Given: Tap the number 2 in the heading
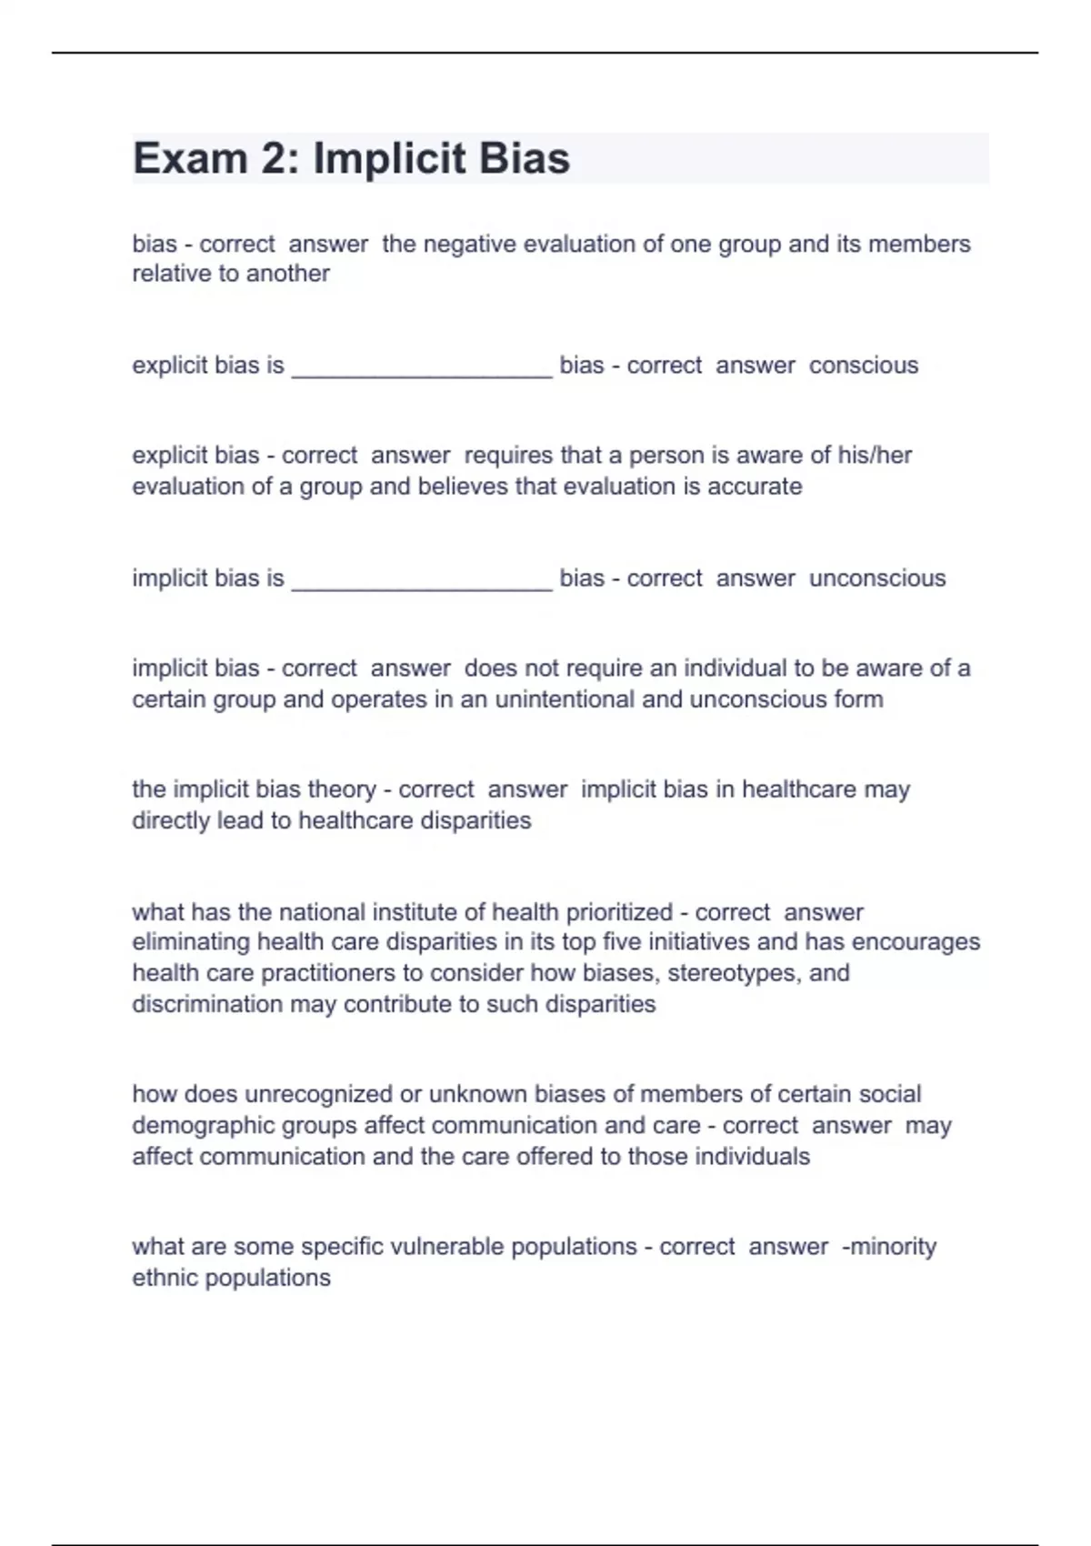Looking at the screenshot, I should [274, 159].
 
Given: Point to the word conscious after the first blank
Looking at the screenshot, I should [864, 366].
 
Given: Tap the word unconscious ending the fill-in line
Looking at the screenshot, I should [877, 578].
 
